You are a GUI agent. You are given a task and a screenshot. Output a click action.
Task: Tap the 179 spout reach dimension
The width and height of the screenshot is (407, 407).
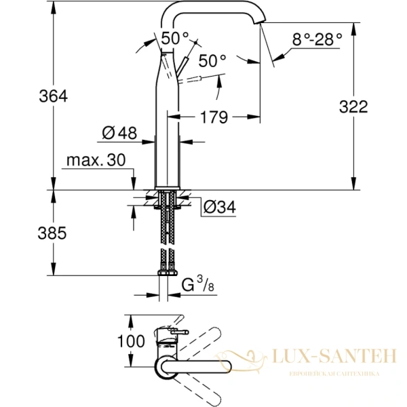tap(214, 117)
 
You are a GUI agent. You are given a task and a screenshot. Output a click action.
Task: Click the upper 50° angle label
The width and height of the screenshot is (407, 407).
tap(174, 37)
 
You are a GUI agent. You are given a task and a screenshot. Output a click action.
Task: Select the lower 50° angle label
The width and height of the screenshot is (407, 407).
tap(212, 60)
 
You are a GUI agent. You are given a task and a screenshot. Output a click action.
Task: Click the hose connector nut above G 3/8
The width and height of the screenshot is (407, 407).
tap(167, 273)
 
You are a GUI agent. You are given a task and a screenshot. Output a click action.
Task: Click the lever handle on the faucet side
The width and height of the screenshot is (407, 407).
tap(185, 66)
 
